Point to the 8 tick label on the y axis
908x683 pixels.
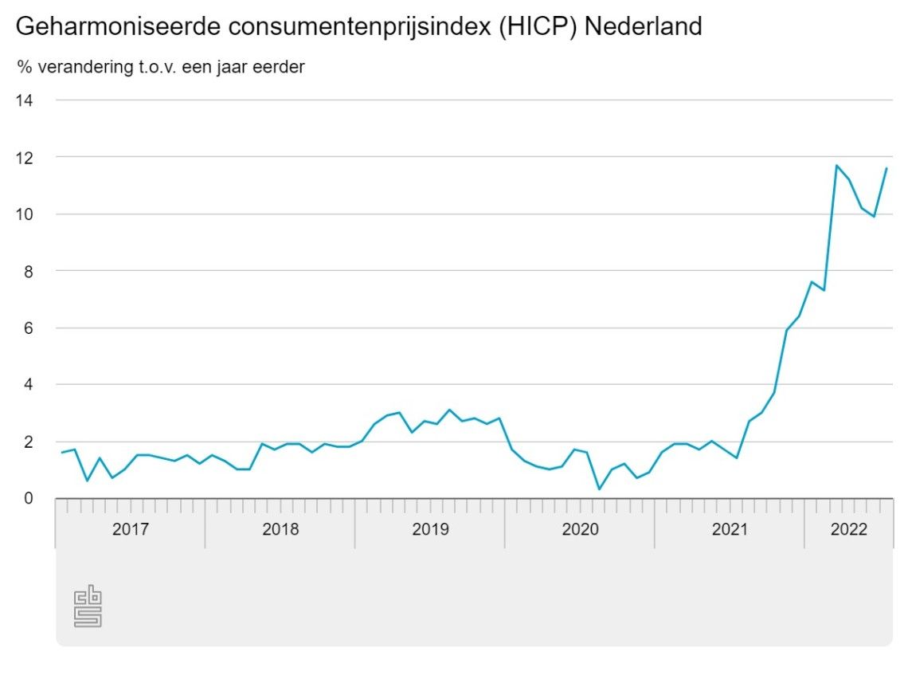coord(29,271)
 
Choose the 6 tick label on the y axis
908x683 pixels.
coord(29,328)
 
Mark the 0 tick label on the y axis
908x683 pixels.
coord(29,498)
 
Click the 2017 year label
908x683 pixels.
coord(130,529)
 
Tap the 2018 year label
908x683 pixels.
coord(280,529)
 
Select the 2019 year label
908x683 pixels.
coord(430,529)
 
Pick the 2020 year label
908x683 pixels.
coord(580,529)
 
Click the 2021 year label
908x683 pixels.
coord(730,529)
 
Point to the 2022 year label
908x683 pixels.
coord(849,529)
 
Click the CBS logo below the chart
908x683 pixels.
coord(88,607)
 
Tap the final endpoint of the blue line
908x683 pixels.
coord(886,168)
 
